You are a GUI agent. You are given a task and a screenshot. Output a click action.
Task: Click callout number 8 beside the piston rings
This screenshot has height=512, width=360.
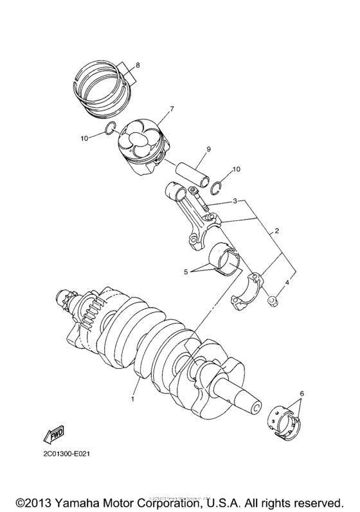[136, 64]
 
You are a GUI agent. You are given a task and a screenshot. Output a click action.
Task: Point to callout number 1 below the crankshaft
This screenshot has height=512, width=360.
[134, 399]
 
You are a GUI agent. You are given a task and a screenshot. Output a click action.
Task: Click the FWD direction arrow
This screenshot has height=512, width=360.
[53, 437]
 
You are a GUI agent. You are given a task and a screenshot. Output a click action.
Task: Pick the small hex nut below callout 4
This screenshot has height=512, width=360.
[273, 299]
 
